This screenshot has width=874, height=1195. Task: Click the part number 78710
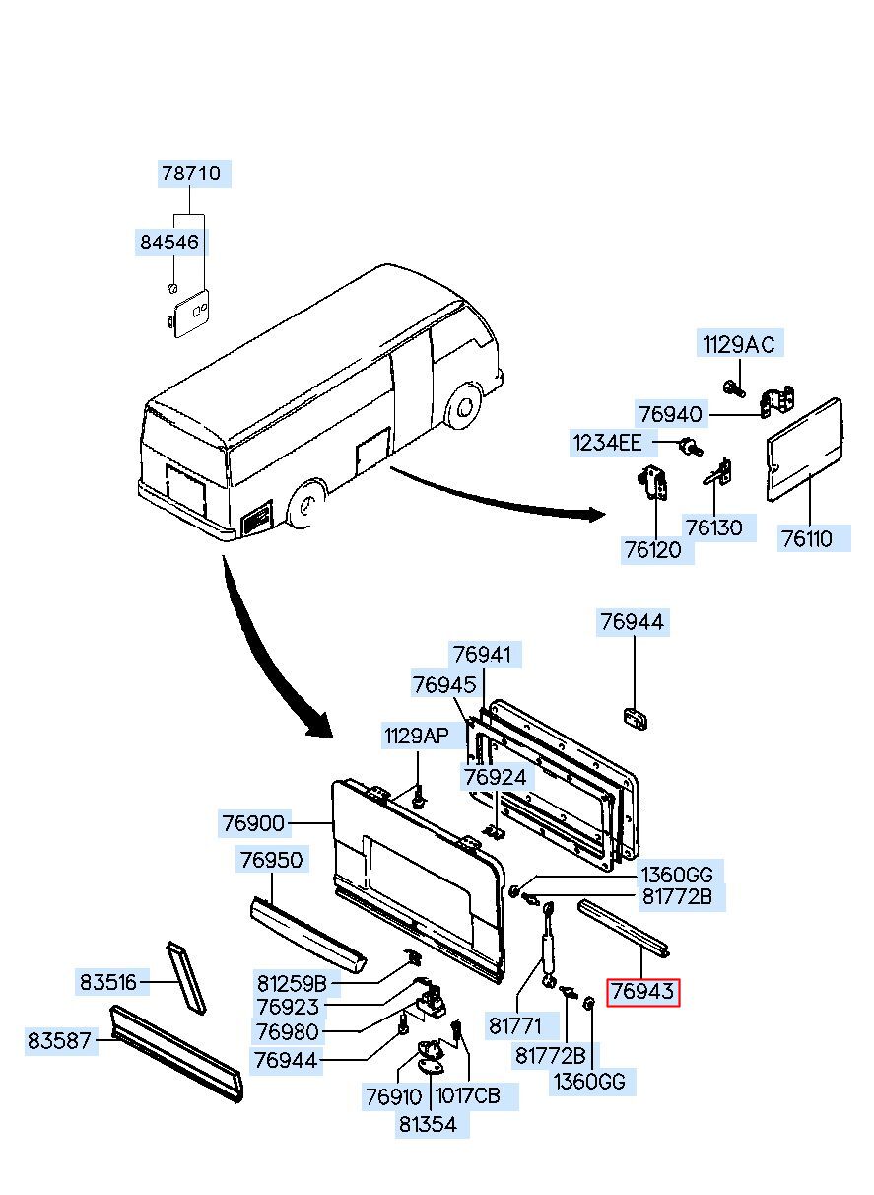coord(191,174)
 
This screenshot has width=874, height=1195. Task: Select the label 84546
coord(169,243)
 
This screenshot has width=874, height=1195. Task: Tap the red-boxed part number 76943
coord(642,991)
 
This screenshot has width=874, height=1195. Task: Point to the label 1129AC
coord(739,345)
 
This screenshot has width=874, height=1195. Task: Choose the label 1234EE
coord(607,443)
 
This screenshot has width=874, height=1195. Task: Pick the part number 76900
coord(253,823)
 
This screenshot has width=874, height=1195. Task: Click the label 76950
coord(271,860)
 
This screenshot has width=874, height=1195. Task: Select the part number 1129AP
coord(417,737)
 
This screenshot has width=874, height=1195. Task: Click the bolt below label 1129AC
coord(733,387)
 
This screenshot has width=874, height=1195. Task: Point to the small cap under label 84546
coord(171,288)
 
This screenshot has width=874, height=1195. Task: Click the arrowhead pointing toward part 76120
coord(597,515)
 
